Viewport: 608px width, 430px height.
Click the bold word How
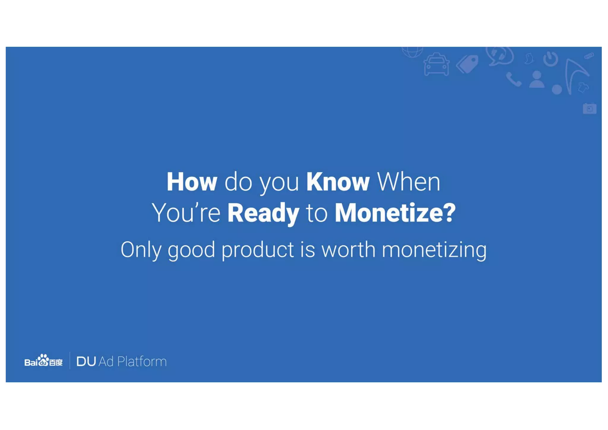(x=192, y=182)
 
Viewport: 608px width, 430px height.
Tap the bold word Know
(x=338, y=182)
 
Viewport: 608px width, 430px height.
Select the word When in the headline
(x=408, y=182)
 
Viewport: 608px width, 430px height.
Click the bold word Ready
(x=263, y=213)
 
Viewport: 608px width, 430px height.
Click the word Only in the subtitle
(x=141, y=250)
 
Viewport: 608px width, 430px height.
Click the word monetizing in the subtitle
(x=434, y=250)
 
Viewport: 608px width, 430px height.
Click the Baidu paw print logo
(x=43, y=360)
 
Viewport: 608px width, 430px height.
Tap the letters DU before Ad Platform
(x=86, y=361)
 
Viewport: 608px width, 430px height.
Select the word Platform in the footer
(x=142, y=361)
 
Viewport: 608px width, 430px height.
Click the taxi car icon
(x=436, y=65)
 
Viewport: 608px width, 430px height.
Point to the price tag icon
(x=467, y=64)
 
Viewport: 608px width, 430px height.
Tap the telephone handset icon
(x=513, y=79)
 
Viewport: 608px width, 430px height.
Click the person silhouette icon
(x=536, y=79)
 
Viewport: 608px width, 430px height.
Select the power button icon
(x=550, y=59)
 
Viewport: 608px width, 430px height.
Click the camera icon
(x=589, y=108)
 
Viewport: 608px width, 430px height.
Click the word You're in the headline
(x=186, y=213)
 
